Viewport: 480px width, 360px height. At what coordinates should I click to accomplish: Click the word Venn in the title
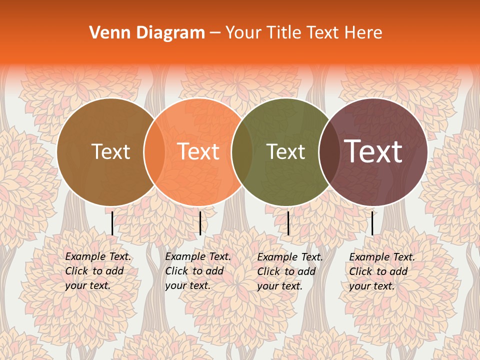point(103,33)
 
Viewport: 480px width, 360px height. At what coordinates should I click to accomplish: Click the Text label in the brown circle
point(110,152)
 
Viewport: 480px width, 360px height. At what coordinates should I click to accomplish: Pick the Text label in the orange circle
point(198,152)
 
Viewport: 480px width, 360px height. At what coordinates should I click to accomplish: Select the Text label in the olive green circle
point(285,152)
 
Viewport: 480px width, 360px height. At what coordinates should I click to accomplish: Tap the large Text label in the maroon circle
point(373,152)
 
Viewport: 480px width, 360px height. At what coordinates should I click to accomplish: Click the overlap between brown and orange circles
point(154,152)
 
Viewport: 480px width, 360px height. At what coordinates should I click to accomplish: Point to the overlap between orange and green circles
point(242,152)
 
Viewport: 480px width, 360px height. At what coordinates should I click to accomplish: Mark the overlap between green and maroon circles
point(329,152)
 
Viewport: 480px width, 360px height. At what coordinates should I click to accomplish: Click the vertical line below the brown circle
point(112,223)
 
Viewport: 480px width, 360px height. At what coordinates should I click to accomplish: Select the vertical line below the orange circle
point(200,223)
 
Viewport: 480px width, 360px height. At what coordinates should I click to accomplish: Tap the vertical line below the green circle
point(288,223)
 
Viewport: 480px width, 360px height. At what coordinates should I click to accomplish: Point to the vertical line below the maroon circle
point(372,223)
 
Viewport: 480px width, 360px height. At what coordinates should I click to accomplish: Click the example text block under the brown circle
point(97,271)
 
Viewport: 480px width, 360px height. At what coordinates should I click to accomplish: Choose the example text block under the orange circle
point(197,271)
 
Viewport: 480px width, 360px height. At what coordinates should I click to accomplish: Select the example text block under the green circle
point(289,271)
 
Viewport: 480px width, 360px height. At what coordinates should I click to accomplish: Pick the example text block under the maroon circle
point(381,271)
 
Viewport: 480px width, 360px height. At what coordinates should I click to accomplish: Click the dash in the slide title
point(215,33)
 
